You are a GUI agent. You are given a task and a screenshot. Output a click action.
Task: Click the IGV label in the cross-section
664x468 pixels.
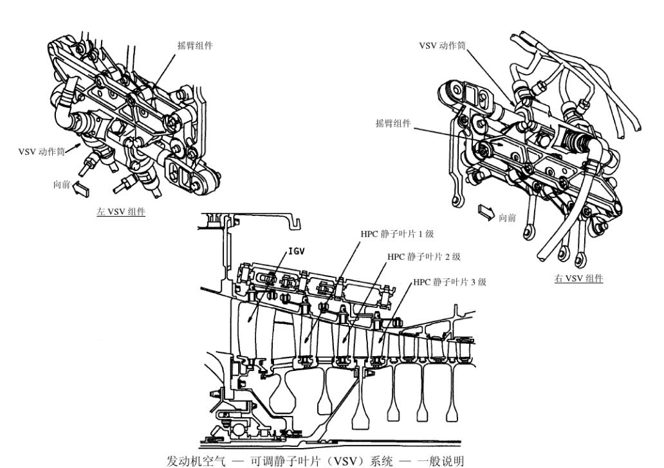[296, 251]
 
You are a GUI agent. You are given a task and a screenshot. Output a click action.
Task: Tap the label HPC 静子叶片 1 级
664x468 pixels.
[397, 233]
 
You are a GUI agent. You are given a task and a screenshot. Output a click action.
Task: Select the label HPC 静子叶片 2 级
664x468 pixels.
[423, 256]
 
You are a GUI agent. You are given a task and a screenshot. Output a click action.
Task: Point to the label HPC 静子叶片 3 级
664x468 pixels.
[450, 282]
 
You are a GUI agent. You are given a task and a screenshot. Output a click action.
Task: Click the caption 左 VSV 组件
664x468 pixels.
[121, 212]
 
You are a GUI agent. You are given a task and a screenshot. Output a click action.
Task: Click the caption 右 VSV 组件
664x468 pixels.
[578, 278]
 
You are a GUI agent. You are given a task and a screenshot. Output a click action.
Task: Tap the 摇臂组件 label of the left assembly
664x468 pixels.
[195, 45]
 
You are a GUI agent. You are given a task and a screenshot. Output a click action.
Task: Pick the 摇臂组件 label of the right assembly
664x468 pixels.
[393, 123]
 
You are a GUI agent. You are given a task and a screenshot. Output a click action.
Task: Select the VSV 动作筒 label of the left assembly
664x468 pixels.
[41, 151]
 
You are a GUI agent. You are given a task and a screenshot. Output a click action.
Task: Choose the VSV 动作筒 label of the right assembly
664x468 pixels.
[442, 45]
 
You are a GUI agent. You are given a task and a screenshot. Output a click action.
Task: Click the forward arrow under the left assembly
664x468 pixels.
[81, 189]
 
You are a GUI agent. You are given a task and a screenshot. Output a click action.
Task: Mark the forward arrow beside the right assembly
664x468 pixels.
[486, 212]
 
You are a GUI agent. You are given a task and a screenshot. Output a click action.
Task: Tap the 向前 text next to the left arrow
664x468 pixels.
[62, 184]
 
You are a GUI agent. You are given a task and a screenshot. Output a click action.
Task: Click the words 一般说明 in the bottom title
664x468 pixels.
[441, 460]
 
